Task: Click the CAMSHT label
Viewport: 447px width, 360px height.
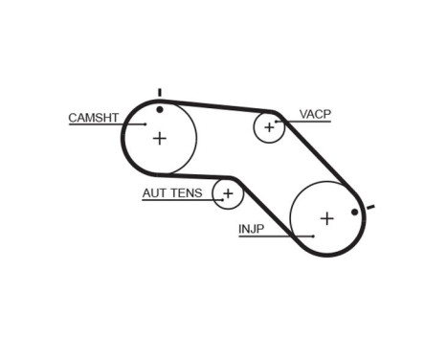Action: [92, 118]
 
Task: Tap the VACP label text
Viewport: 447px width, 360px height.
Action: [314, 114]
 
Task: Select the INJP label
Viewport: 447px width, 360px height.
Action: [251, 229]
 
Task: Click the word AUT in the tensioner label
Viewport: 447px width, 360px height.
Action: [154, 193]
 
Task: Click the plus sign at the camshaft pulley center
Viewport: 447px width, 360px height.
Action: [159, 138]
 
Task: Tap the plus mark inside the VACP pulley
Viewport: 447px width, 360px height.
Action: [269, 125]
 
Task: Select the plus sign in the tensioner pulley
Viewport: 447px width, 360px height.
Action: [228, 193]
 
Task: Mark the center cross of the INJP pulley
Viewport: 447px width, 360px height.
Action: [326, 218]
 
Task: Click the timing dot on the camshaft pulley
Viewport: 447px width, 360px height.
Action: [160, 108]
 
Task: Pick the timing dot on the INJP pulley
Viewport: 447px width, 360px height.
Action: [354, 212]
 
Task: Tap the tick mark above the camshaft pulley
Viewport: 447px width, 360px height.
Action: [160, 93]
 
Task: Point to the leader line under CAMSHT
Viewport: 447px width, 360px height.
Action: [105, 124]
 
